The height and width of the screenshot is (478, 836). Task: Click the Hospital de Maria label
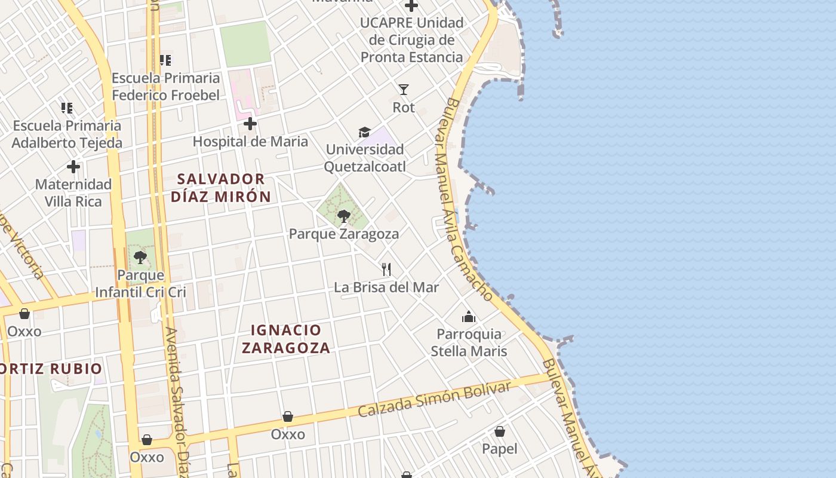(250, 142)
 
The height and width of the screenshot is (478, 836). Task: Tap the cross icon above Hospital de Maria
(250, 124)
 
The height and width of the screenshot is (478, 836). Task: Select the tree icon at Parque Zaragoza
(343, 216)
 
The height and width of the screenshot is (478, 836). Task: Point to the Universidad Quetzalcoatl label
(364, 158)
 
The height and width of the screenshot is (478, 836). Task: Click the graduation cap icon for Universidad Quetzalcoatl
(364, 132)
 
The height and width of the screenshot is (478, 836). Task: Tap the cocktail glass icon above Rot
(404, 90)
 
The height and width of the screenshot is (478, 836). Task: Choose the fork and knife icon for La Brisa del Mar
(386, 269)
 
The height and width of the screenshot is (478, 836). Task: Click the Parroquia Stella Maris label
(469, 342)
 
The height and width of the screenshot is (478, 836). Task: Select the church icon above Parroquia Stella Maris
(469, 316)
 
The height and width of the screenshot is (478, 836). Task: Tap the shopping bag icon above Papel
(500, 431)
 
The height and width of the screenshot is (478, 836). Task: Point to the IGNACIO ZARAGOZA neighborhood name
(286, 339)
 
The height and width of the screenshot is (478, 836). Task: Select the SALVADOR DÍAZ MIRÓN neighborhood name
(221, 188)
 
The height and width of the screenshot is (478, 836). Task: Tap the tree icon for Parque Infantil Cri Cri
(140, 258)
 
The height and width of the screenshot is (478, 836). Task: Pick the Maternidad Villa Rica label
(73, 192)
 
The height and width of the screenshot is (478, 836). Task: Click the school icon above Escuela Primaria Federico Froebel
(165, 60)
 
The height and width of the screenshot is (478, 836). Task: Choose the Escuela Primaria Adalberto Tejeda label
(67, 134)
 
